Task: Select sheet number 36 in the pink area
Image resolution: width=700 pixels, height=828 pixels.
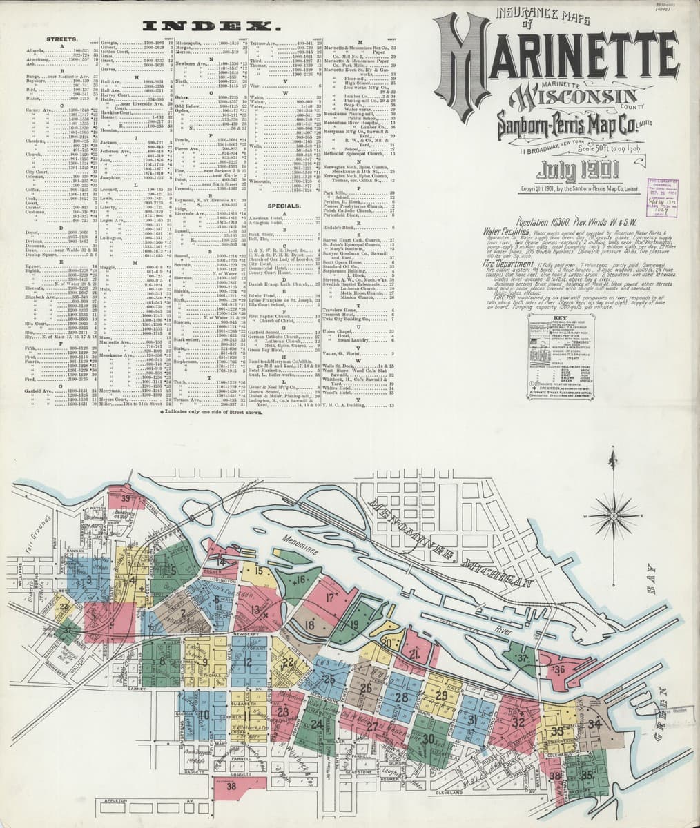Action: pyautogui.click(x=559, y=669)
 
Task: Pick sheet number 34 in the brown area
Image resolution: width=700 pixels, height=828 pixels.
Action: pyautogui.click(x=595, y=723)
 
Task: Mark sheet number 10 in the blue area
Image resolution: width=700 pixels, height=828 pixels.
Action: pyautogui.click(x=204, y=714)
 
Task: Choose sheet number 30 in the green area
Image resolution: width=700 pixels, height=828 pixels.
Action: pyautogui.click(x=428, y=738)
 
